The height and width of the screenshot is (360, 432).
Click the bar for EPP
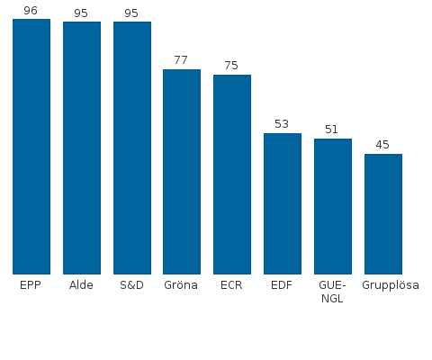[31, 146]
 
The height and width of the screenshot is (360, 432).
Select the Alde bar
[81, 148]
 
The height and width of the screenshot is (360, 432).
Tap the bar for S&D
[131, 148]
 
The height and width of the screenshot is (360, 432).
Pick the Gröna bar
[181, 171]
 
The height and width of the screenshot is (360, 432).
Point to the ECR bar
[231, 174]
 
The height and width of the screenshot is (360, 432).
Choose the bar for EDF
[282, 203]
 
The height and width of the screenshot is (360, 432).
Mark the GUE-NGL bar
[332, 206]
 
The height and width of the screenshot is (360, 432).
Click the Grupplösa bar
[382, 213]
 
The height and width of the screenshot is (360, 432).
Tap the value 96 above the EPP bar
[31, 10]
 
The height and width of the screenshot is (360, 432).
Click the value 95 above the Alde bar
[81, 13]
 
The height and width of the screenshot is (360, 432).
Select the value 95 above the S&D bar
[131, 13]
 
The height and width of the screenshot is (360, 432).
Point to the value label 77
[181, 60]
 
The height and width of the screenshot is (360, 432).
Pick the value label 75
[231, 66]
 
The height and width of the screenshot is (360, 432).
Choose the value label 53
[282, 124]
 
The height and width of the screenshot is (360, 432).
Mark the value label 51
[332, 130]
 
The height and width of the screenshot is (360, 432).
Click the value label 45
[382, 145]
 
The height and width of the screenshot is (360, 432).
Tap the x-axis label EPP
[31, 286]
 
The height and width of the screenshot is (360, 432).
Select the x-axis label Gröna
[181, 286]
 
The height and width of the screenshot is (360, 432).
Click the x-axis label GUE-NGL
[332, 292]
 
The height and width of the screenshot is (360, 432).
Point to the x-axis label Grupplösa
[391, 286]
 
